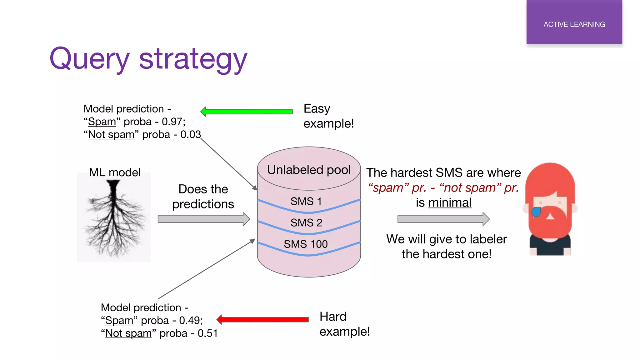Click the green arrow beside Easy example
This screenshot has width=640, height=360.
click(x=247, y=112)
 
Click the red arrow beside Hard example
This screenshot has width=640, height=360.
click(x=262, y=319)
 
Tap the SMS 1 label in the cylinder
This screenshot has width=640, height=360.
click(x=306, y=202)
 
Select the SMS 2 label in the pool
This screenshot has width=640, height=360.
click(x=306, y=223)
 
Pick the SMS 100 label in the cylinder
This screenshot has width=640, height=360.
click(x=306, y=244)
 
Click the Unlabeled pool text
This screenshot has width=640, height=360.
click(x=309, y=170)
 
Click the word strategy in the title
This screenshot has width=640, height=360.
click(x=193, y=59)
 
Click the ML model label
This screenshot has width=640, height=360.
click(x=115, y=172)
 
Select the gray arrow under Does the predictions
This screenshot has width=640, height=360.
click(x=203, y=219)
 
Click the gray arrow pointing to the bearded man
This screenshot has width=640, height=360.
click(x=443, y=219)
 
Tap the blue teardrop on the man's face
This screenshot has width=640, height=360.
click(x=536, y=212)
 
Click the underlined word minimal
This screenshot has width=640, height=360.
click(x=450, y=203)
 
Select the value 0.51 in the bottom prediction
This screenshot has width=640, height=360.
click(x=207, y=333)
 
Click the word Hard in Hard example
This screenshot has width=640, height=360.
click(x=333, y=317)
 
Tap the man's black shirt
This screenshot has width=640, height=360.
click(x=550, y=247)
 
